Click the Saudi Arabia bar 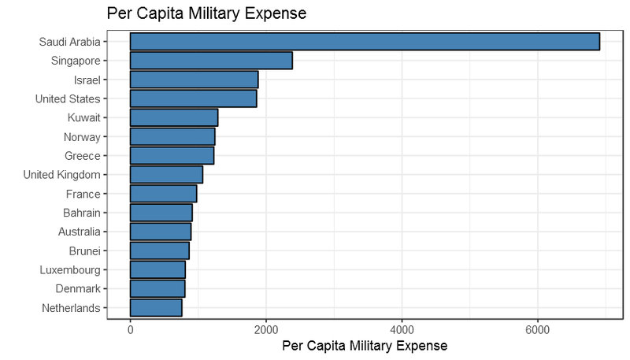(365, 41)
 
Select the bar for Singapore (211, 61)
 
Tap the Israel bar (194, 80)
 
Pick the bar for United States (193, 98)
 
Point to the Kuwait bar (173, 117)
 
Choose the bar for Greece (172, 155)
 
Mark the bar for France (163, 194)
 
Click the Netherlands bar (156, 307)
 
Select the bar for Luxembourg (157, 269)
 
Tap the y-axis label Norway (81, 137)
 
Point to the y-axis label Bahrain (82, 213)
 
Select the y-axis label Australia (80, 232)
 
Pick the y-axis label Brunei (84, 251)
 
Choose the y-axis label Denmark (78, 288)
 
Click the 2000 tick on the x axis (266, 328)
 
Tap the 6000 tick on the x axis (538, 328)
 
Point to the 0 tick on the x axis (130, 328)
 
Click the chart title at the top (206, 13)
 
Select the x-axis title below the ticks (365, 346)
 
